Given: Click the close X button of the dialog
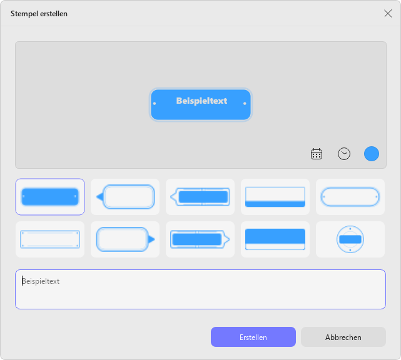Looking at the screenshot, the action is [388, 14].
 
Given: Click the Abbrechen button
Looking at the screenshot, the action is [343, 337].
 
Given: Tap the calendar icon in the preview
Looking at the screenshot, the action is [317, 154].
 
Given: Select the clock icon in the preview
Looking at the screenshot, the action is [344, 154].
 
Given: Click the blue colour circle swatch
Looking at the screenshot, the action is [372, 154].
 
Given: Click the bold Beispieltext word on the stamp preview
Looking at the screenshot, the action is [201, 101].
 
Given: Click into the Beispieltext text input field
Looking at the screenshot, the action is [200, 289].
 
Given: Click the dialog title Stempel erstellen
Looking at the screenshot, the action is [39, 14].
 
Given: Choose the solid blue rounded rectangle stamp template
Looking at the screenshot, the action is [50, 197].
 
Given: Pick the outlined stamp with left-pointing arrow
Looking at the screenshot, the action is [125, 197].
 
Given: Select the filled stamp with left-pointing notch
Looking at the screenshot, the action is [200, 197].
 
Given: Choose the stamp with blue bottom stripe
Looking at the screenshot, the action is [275, 197].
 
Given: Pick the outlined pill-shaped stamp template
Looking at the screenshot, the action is [350, 197].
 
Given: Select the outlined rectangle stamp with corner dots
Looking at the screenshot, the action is [50, 239].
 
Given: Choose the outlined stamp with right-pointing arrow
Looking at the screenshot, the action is [125, 239].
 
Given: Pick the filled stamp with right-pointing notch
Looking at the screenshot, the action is [200, 239].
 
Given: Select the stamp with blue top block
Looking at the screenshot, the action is [275, 239].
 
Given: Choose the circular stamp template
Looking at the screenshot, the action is [350, 239].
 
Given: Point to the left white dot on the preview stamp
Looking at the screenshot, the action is [155, 104].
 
